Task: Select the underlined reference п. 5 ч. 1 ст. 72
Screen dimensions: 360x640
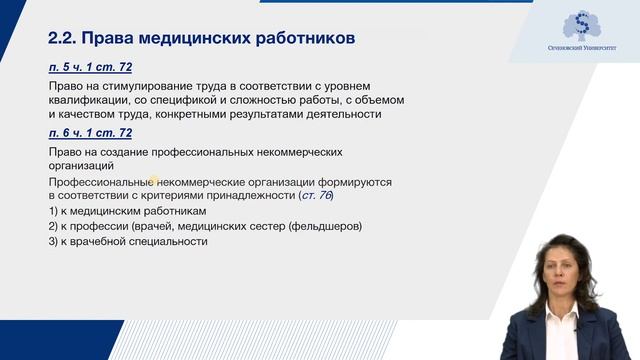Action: click(90, 67)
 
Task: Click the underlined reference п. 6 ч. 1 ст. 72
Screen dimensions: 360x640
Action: click(90, 132)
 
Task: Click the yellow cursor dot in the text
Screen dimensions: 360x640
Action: click(155, 181)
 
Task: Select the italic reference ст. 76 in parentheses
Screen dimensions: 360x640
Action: click(315, 196)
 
